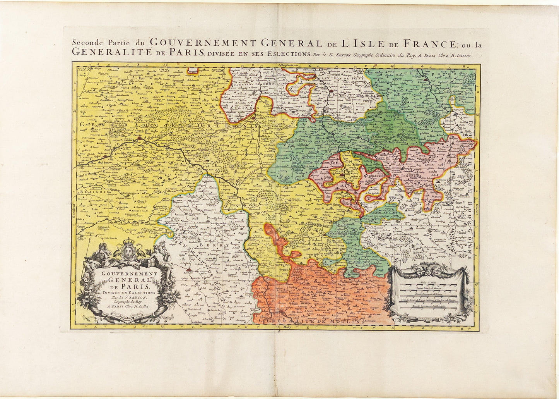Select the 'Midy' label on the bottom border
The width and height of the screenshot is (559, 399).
tap(287, 327)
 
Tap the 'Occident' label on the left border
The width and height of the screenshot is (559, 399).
tap(73, 213)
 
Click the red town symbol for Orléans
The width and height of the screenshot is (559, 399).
tap(139, 138)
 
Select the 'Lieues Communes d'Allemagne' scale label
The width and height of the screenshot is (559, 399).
tap(429, 306)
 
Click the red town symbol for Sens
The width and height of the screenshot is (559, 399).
tap(331, 91)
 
